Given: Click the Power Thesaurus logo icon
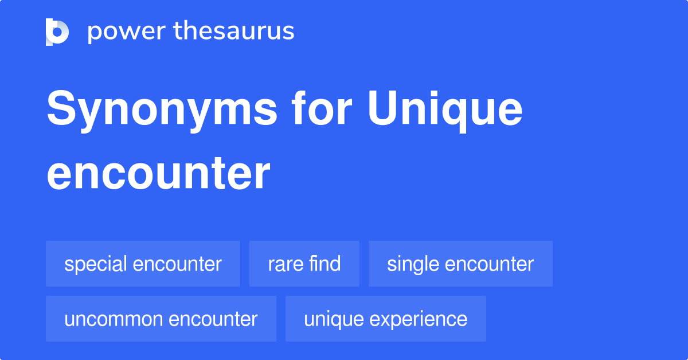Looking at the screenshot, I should coord(57,32).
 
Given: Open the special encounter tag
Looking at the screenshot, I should coord(143,264).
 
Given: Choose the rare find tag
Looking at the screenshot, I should coord(304,264).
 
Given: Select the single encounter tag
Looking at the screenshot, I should coord(460,264).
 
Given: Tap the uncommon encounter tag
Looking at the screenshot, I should coord(161,319).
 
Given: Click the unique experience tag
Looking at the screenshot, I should coord(386,319).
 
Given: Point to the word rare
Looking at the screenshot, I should coord(284,264).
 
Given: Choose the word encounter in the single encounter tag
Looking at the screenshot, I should coord(489,264).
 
